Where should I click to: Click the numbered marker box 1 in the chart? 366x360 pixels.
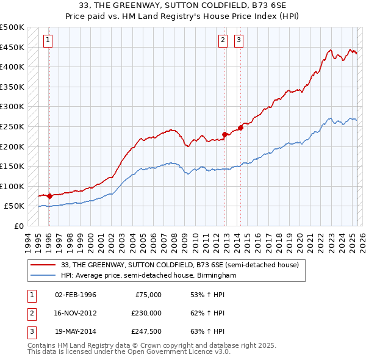48,41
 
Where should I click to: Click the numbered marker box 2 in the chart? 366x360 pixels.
223,41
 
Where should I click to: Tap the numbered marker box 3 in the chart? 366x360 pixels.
239,41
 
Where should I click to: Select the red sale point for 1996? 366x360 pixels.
49,196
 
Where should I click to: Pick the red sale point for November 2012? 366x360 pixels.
225,134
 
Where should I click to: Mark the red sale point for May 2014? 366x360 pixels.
240,128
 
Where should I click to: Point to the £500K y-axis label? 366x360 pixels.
12,27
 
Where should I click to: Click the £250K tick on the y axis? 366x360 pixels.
12,127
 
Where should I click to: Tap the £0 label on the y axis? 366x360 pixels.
19,226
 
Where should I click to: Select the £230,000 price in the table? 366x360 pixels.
146,313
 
